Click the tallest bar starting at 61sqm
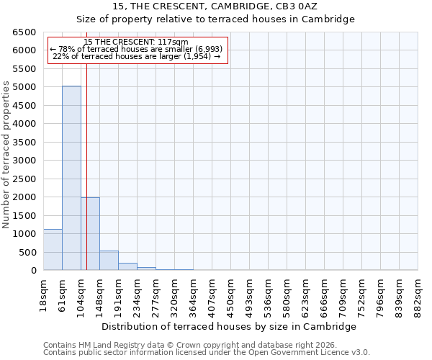71,178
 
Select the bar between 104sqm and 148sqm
90,234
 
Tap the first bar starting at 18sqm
53,250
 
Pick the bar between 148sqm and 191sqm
109,261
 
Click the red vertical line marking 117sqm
86,166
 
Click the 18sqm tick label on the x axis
44,294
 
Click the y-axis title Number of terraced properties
6,155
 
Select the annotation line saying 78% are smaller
136,49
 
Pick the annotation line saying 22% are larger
136,56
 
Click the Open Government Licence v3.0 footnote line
207,353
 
